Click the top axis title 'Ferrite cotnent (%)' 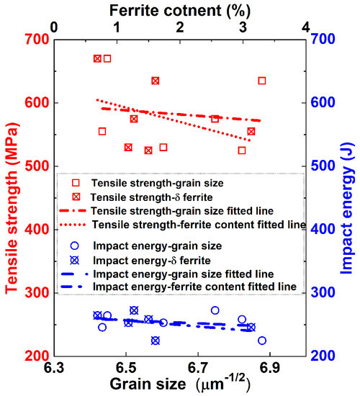point(179,9)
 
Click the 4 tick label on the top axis point(307,26)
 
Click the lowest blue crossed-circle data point point(156,341)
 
